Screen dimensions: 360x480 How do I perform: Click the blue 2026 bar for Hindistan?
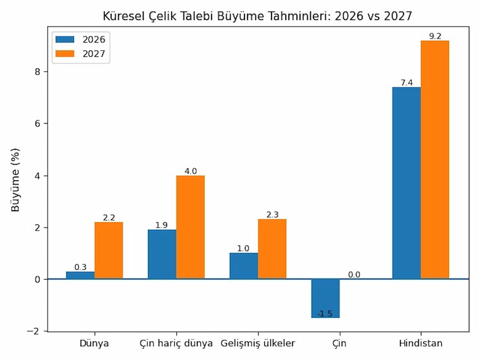pos(406,183)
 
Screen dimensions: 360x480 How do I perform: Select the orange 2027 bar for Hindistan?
pos(435,160)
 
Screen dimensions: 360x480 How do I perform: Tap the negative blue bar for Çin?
pos(325,298)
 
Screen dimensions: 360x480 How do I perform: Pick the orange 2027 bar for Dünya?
pos(108,251)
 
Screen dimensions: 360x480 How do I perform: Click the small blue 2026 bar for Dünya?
pos(80,275)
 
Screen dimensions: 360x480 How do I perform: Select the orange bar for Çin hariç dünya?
pos(190,227)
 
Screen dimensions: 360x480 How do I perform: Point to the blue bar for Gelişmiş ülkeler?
pos(244,266)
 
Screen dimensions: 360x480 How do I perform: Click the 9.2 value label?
pos(435,36)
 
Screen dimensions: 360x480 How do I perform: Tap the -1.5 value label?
pos(325,314)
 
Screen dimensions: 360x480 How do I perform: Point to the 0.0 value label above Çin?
pos(354,275)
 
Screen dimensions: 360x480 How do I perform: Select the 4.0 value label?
pos(190,171)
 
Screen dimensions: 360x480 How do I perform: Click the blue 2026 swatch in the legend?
pos(64,40)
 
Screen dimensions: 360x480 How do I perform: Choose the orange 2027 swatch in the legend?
pos(64,54)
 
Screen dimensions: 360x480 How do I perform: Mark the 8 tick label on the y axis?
pos(38,72)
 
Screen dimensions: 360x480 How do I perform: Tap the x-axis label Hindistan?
pos(420,344)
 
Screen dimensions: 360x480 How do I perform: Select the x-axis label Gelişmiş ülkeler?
pos(257,344)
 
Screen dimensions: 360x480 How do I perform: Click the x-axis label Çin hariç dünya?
pos(176,344)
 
